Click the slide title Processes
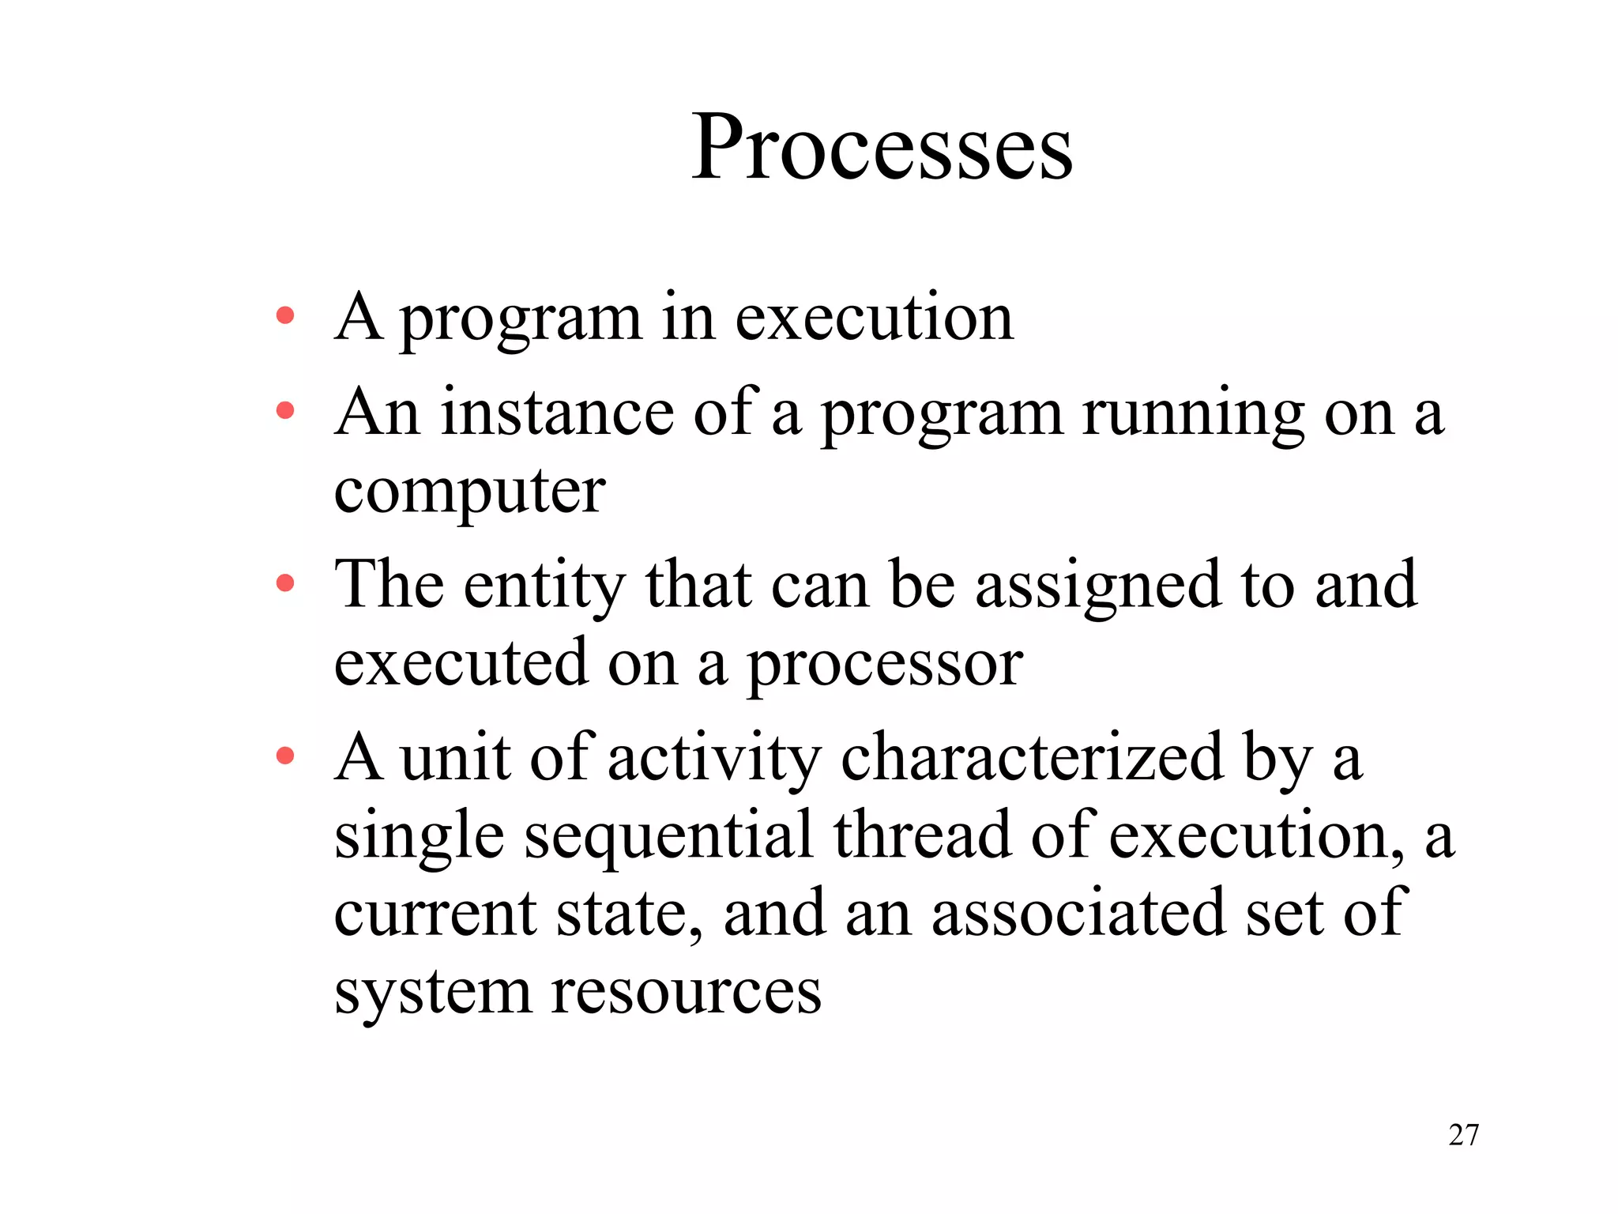(882, 148)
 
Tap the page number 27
(1463, 1135)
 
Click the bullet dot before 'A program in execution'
(285, 316)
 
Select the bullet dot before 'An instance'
(285, 411)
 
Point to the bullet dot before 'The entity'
(285, 583)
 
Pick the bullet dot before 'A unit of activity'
(285, 756)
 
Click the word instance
(557, 413)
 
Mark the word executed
(461, 662)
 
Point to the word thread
(922, 835)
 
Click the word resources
(686, 991)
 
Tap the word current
(435, 914)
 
